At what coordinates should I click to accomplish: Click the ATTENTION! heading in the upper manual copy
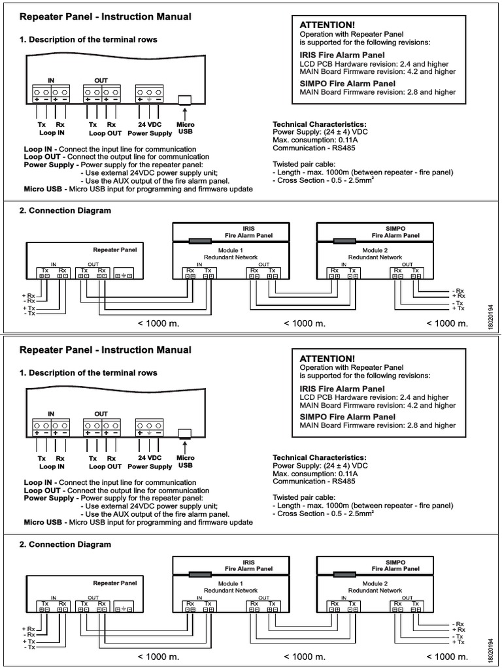[327, 24]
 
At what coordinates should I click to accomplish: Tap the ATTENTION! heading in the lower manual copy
[327, 359]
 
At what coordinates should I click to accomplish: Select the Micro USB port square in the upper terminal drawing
[185, 100]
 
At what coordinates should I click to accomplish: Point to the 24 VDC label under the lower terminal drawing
[150, 459]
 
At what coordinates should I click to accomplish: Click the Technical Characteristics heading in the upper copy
[319, 124]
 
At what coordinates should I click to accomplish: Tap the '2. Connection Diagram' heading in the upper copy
[65, 210]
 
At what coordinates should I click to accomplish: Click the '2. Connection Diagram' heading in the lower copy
[65, 544]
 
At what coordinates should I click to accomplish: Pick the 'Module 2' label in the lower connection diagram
[375, 583]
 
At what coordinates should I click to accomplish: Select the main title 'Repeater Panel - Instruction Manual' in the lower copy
[105, 350]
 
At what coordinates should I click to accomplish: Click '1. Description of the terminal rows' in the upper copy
[88, 40]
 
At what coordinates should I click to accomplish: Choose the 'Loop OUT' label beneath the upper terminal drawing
[105, 132]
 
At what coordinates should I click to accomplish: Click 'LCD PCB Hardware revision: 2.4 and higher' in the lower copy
[374, 397]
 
